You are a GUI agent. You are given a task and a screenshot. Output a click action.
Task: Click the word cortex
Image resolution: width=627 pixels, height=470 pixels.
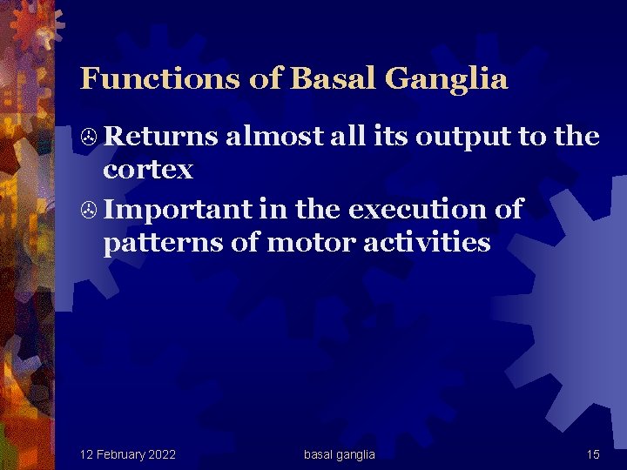pyautogui.click(x=148, y=170)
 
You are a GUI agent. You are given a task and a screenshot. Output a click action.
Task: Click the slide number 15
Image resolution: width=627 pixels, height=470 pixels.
pyautogui.click(x=592, y=454)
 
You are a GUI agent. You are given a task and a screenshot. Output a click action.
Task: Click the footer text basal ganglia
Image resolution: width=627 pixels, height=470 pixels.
pyautogui.click(x=340, y=454)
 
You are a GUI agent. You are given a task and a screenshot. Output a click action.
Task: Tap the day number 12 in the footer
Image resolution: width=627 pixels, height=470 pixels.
pyautogui.click(x=86, y=454)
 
